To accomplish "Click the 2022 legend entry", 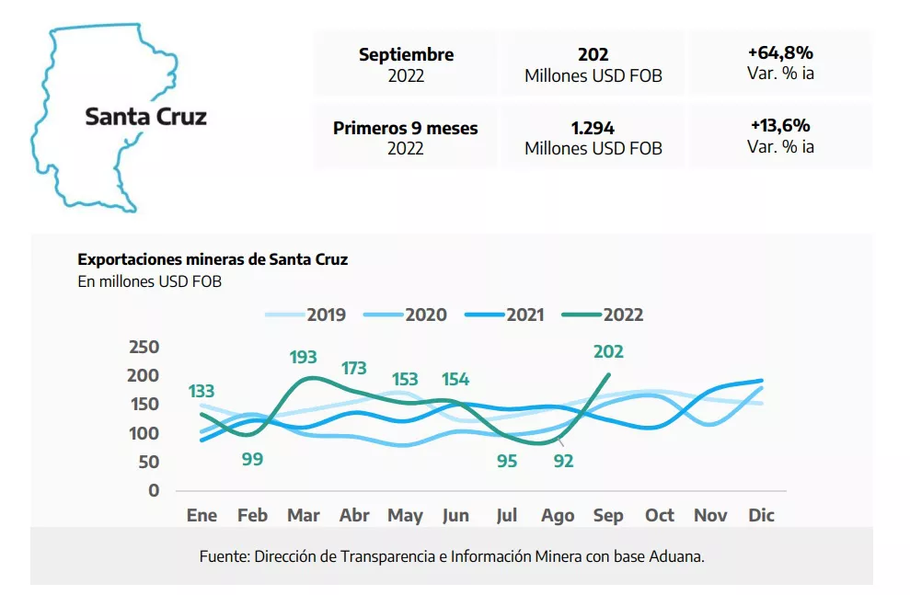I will (623, 315).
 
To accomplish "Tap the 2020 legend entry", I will (426, 315).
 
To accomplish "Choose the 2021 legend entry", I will (524, 315).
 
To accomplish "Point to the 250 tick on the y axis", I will (143, 347).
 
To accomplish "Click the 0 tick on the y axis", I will (154, 490).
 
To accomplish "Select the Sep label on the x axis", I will (608, 516).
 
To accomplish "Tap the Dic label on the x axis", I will (761, 516).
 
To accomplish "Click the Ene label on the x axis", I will (202, 516).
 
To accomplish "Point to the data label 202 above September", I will (608, 351).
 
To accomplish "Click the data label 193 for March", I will (304, 356).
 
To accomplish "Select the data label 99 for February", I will (252, 458).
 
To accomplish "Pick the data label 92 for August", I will (563, 461).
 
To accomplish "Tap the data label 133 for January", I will (201, 392).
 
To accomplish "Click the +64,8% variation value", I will (780, 53).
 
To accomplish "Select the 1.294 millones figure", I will (593, 128).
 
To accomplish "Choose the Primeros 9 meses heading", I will (405, 128).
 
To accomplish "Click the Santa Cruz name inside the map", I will (145, 117).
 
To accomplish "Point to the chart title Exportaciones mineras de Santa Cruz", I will (213, 259).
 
